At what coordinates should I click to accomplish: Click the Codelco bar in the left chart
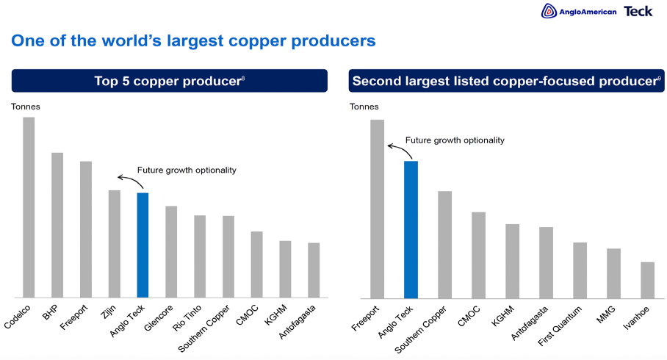click(x=29, y=207)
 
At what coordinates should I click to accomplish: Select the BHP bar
click(x=57, y=225)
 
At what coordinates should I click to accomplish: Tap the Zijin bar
click(x=115, y=244)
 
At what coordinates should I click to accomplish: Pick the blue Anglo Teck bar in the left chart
click(x=143, y=245)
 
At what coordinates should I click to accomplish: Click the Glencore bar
click(x=171, y=251)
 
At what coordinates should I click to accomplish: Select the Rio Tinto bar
click(x=200, y=256)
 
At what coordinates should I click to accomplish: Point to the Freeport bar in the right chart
click(x=378, y=209)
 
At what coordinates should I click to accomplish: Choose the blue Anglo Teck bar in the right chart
click(x=411, y=229)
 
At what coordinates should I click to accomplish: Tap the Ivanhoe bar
click(x=647, y=280)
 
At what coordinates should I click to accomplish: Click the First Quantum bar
click(x=580, y=270)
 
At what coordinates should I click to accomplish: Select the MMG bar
click(x=613, y=273)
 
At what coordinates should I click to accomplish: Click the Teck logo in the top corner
click(x=638, y=11)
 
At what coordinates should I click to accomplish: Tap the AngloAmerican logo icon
click(x=548, y=11)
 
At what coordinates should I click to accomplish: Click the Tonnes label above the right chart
click(x=364, y=107)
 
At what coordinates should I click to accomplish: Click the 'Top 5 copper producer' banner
click(x=169, y=81)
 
